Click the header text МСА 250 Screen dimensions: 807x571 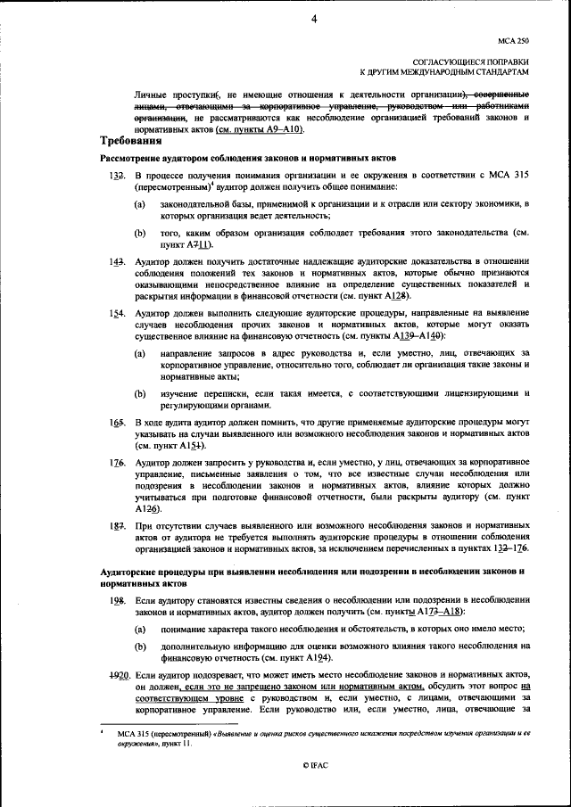(514, 40)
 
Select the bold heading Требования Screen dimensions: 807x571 (130, 141)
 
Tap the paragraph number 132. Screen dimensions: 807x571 (116, 177)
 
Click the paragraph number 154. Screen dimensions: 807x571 (116, 315)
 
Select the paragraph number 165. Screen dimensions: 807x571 (116, 420)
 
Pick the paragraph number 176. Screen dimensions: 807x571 (116, 463)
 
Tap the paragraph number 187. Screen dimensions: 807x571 (116, 528)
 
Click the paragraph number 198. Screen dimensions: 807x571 (116, 603)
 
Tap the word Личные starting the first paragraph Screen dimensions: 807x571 (151, 92)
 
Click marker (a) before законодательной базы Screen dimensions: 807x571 (140, 205)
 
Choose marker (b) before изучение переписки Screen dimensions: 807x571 (140, 393)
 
